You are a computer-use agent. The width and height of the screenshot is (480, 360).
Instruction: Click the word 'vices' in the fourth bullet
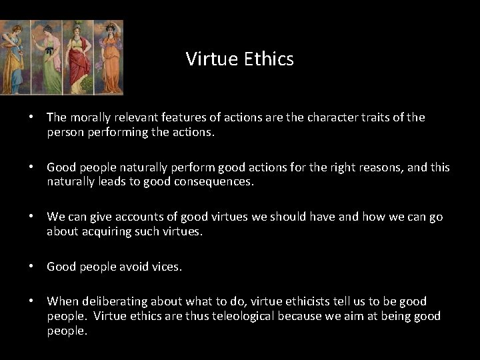pos(167,267)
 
